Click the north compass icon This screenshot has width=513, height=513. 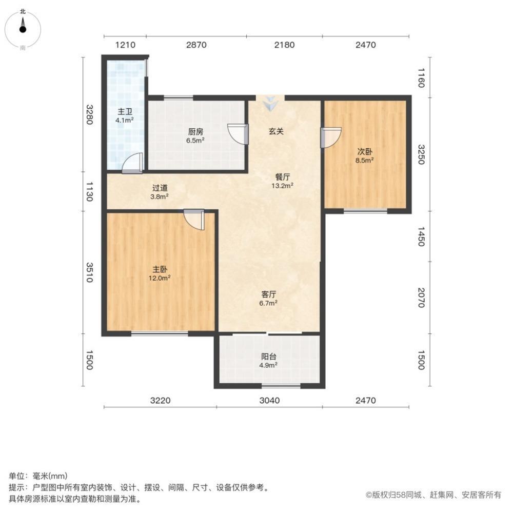point(23,28)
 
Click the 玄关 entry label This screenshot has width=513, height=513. point(276,131)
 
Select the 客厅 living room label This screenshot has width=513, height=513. point(269,294)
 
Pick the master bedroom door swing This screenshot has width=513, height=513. point(195,219)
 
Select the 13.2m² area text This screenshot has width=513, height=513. point(282,186)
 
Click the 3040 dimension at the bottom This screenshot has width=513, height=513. point(269,400)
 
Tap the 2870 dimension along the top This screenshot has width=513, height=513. point(196,45)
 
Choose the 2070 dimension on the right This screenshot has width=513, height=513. point(421,298)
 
